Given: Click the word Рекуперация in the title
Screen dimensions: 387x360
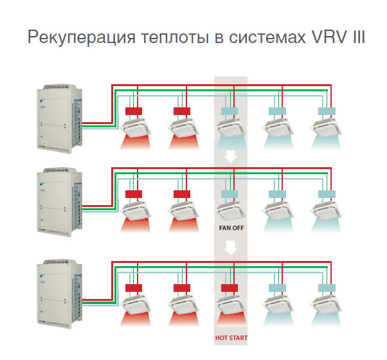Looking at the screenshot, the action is tap(82, 37).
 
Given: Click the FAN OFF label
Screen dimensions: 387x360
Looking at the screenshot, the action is tap(231, 228).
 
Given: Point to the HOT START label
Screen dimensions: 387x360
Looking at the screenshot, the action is tap(231, 337).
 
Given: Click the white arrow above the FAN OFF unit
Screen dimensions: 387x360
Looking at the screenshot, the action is tap(231, 157).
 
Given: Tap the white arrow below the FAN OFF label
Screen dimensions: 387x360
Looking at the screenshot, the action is tap(231, 248).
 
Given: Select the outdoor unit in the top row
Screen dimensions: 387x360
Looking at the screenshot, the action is tap(60, 119).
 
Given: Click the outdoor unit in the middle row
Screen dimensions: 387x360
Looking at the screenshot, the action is tap(60, 202).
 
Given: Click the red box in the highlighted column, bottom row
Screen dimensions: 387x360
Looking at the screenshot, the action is tap(230, 288).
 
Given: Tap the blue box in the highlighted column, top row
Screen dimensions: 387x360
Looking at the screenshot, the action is tap(230, 111).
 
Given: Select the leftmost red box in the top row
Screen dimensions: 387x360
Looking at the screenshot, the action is tap(134, 111).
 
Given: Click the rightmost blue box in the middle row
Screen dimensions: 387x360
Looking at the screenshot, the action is tap(327, 194).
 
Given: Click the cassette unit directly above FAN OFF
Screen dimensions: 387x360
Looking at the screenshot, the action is tap(231, 212).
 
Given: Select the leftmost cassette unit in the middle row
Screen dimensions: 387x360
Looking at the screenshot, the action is tap(135, 212).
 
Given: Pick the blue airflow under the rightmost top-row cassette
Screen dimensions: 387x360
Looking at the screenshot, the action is tap(327, 142).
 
